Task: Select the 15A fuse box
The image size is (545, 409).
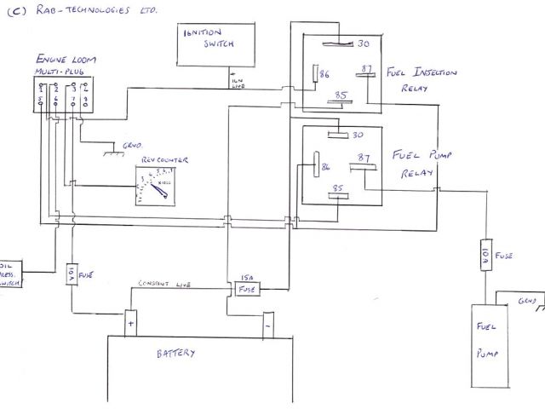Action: pyautogui.click(x=246, y=287)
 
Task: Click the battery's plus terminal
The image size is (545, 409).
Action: pyautogui.click(x=131, y=322)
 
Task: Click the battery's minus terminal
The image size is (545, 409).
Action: pyautogui.click(x=267, y=324)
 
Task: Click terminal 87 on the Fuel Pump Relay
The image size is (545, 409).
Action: pyautogui.click(x=364, y=158)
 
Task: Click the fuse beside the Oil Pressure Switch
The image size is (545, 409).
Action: pyautogui.click(x=72, y=274)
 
